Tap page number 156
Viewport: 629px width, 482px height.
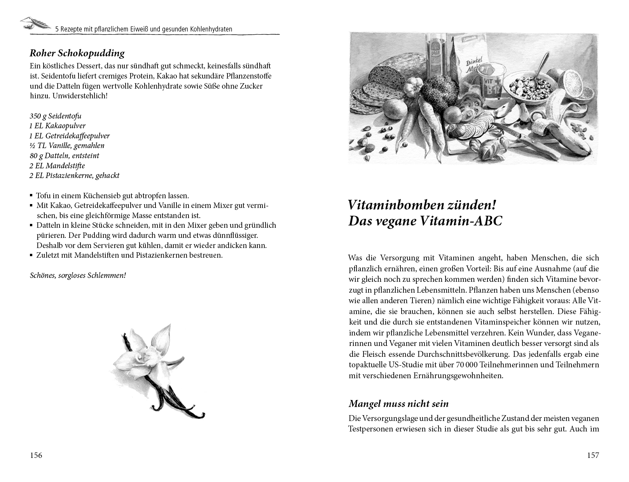click(36, 455)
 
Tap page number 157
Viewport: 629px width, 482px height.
click(593, 455)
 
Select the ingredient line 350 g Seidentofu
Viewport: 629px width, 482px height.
click(56, 116)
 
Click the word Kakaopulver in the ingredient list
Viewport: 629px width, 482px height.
click(65, 126)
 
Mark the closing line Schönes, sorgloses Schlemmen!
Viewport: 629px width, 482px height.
click(78, 276)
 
